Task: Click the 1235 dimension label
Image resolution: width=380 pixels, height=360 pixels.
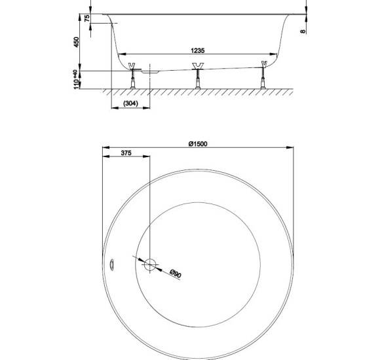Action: tap(197, 50)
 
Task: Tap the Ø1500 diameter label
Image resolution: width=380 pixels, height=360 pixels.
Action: tap(198, 144)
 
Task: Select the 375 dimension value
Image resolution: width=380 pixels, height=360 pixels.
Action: tap(126, 153)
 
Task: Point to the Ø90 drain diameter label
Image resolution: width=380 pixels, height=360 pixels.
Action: tap(176, 274)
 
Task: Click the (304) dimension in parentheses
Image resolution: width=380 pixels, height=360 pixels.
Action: tap(130, 103)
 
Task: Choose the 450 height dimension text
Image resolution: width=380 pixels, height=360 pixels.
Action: tap(77, 42)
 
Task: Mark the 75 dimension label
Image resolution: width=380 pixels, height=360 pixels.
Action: tap(87, 18)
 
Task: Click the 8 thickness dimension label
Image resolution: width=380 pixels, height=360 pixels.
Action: tap(303, 31)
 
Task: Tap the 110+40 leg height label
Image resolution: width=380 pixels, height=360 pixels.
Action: tap(77, 79)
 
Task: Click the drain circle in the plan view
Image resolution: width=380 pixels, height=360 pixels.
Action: tap(150, 264)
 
